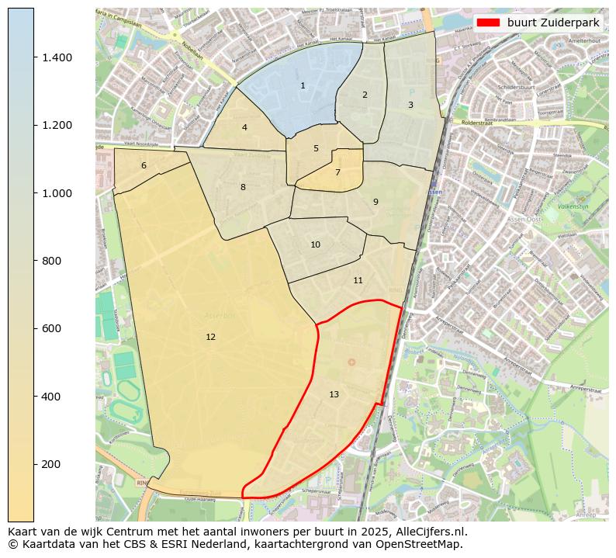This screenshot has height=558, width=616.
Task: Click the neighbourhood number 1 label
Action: point(303,85)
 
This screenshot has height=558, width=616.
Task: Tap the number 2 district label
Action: point(365,95)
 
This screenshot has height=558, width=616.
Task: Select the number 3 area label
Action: point(410,105)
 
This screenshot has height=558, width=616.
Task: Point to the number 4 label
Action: point(244,127)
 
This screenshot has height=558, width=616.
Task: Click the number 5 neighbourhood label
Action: point(316,148)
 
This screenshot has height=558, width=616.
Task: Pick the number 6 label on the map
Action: point(144,165)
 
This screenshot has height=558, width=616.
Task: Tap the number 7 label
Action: point(337,172)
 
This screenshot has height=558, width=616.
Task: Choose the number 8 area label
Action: point(243,187)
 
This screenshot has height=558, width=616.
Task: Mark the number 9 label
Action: point(375,202)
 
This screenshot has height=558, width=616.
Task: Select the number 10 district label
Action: point(315,244)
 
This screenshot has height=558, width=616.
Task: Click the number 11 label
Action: point(358,280)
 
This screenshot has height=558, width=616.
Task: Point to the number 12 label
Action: point(210,337)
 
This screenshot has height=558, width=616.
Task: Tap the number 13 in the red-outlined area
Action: point(334,394)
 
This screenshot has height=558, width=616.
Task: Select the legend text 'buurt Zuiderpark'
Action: point(553,23)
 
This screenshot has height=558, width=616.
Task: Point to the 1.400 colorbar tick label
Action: point(57,57)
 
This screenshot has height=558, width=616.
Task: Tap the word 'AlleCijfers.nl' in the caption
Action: point(430,532)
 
